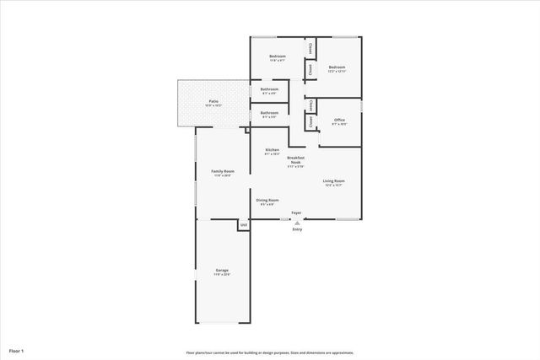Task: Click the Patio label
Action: coord(214,100)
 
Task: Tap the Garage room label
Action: coord(222,270)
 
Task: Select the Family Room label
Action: coord(223,171)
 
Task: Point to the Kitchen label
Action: coord(272,150)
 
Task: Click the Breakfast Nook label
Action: coord(295,159)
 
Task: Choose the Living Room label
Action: coord(333,180)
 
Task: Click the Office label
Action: coord(340,120)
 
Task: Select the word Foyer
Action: coord(296,212)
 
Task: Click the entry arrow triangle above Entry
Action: coord(296,223)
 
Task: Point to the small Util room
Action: coord(243,225)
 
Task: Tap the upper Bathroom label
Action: coord(270,89)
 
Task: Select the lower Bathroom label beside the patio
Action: coord(270,112)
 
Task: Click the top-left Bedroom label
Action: coord(277,56)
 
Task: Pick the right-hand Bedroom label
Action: coord(337,67)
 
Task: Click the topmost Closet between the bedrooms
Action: coord(310,48)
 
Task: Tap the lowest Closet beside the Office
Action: coord(310,121)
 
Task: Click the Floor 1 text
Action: coord(16,350)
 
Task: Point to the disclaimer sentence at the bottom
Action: coord(269,352)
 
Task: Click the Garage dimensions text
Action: coord(222,275)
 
